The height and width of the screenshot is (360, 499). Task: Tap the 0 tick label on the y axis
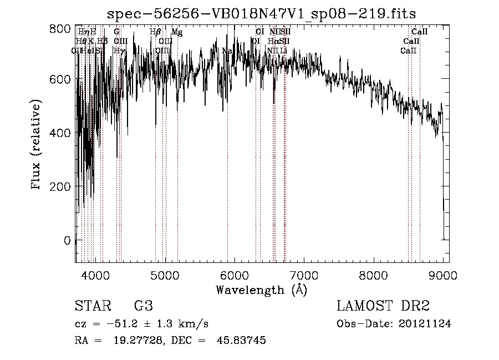click(67, 240)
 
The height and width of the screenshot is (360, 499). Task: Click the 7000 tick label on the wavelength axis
click(303, 275)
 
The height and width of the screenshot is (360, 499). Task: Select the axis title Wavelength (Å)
click(261, 290)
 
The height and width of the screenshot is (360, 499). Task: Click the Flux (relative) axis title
click(37, 145)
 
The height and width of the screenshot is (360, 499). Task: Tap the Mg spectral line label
click(177, 33)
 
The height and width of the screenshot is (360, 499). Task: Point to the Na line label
click(227, 51)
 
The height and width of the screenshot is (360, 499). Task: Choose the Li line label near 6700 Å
click(283, 51)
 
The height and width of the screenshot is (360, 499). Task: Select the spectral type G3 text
click(144, 306)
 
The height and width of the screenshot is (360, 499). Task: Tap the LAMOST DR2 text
click(383, 306)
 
